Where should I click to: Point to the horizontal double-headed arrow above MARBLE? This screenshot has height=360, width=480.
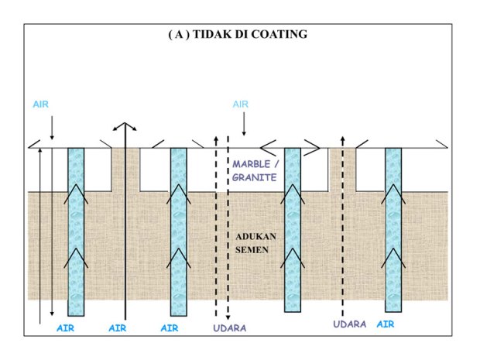[x=290, y=145]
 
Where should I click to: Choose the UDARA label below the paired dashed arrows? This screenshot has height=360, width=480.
[x=229, y=328]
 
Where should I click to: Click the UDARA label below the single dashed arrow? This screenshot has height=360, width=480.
[x=350, y=324]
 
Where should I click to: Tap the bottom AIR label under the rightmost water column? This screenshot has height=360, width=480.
[x=385, y=324]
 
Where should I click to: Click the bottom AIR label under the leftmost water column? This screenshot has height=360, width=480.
[x=65, y=328]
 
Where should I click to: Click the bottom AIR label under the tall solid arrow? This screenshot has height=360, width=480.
[x=118, y=328]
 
